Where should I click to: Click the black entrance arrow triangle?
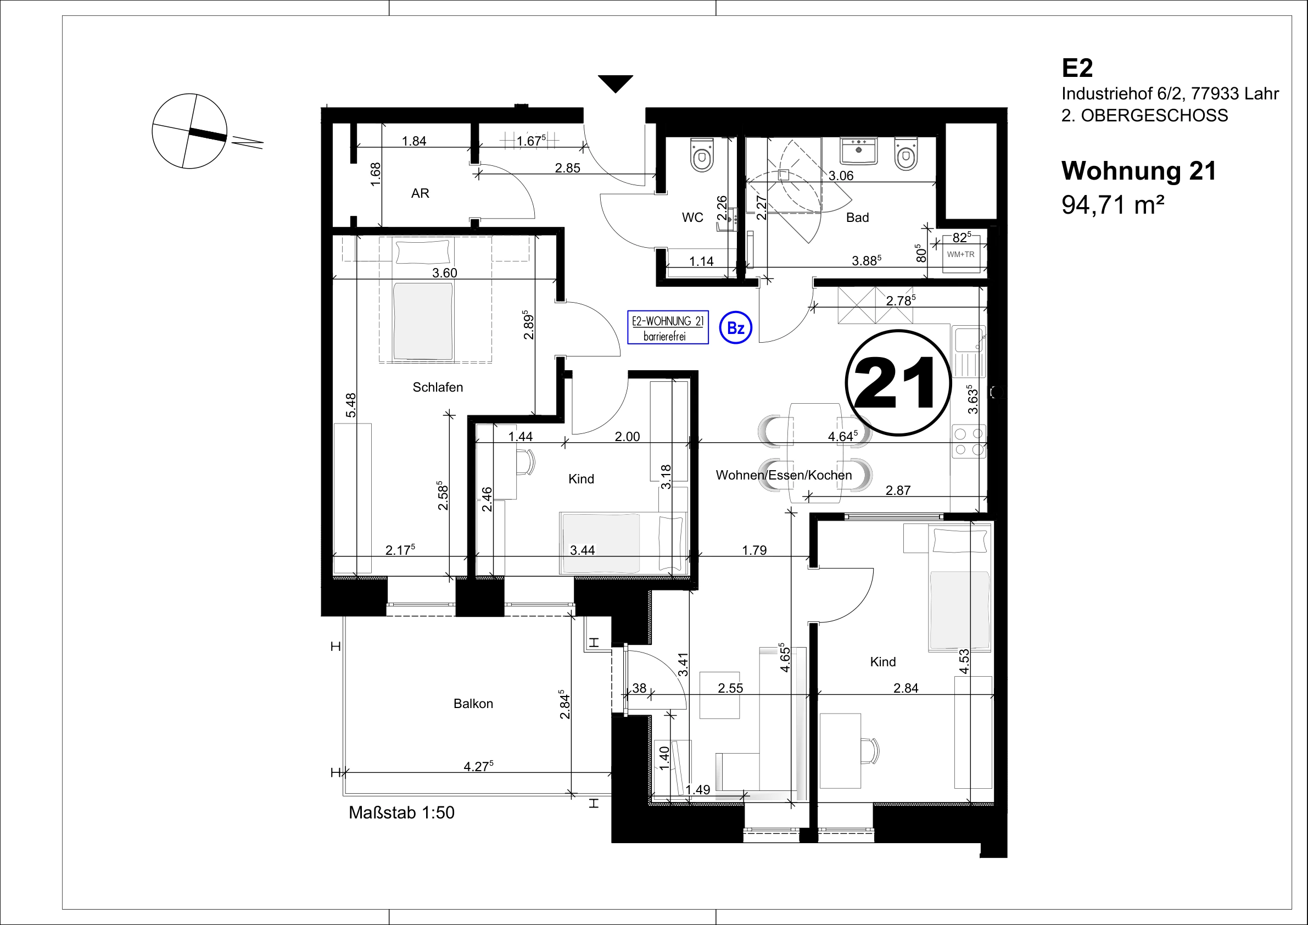tap(616, 82)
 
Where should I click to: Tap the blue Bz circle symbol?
tap(735, 328)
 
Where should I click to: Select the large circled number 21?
tap(898, 382)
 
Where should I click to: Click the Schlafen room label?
tap(438, 388)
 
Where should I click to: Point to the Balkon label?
tap(473, 704)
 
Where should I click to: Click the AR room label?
tap(420, 194)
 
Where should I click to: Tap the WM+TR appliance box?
tap(960, 254)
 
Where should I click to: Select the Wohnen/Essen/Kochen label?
tap(784, 475)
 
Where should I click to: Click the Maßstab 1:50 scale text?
tap(401, 813)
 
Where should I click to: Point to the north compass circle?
tap(189, 131)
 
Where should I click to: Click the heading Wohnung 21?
tap(1139, 170)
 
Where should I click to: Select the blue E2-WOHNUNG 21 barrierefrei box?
tap(668, 328)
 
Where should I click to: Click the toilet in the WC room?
tap(701, 154)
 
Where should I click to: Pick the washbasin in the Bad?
tap(858, 151)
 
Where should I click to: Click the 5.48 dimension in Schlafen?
tap(351, 405)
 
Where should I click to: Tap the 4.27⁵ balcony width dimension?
tap(478, 767)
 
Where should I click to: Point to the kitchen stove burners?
tap(969, 442)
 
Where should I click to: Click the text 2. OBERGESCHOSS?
tap(1144, 116)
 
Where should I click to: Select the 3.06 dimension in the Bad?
tap(841, 176)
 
